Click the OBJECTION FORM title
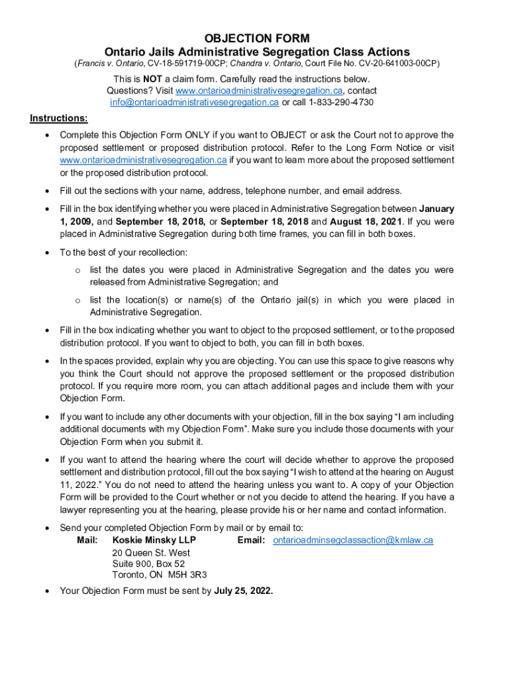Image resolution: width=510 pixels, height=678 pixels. click(x=256, y=38)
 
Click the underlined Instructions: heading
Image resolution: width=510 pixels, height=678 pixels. click(x=58, y=119)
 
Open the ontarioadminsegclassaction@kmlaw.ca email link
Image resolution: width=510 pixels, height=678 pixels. click(x=353, y=540)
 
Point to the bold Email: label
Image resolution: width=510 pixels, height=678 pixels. click(x=251, y=540)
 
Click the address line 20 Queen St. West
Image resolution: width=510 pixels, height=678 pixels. click(x=151, y=553)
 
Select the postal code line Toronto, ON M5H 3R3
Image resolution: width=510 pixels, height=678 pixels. click(x=160, y=575)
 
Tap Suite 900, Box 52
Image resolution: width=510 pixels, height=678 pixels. click(x=148, y=564)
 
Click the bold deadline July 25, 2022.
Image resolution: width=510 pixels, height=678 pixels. click(x=243, y=591)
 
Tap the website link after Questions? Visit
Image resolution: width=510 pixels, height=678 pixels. click(x=259, y=91)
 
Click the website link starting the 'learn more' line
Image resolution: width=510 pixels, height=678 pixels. click(x=143, y=160)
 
